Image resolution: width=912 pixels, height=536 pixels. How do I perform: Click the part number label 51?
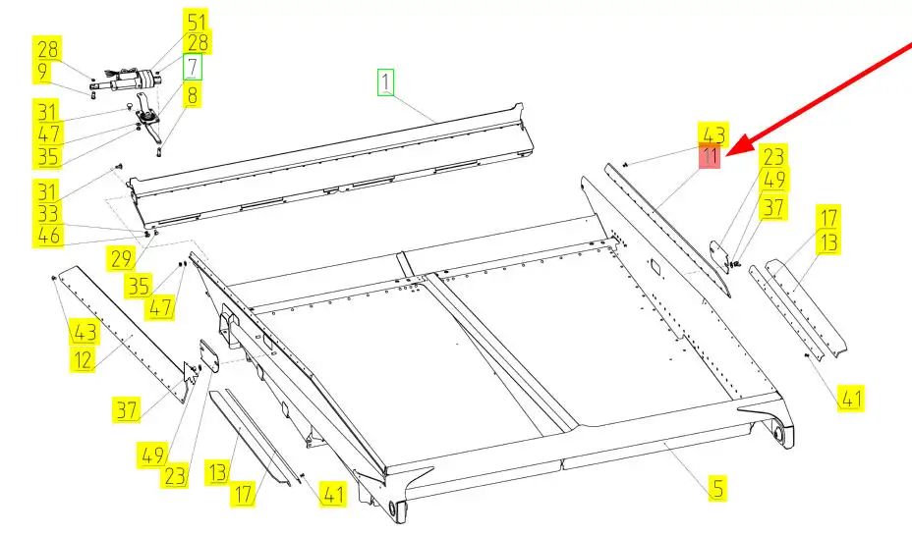point(197,22)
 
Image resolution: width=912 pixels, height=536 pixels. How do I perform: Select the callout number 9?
point(42,73)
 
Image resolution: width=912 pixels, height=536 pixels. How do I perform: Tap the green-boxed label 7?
point(193,67)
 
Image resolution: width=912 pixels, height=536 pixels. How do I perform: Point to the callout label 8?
point(192,94)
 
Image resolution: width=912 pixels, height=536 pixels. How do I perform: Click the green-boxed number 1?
point(385,81)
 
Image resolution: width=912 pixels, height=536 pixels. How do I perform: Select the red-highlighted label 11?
point(710,156)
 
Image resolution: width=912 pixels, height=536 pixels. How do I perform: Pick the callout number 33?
point(48,214)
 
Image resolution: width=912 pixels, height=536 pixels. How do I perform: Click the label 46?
point(48,236)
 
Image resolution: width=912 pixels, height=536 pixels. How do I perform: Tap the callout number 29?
point(121,258)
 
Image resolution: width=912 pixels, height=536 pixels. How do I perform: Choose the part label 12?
point(83,360)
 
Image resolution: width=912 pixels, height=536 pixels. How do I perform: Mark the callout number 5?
point(718,488)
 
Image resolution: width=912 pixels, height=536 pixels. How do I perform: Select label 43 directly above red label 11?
point(713,134)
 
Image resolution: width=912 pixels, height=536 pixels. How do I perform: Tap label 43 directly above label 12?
point(85,332)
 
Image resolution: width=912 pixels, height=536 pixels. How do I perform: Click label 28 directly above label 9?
point(47,49)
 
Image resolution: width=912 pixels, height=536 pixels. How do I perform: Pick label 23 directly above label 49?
point(773,157)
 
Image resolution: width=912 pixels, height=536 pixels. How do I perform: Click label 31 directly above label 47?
point(47,112)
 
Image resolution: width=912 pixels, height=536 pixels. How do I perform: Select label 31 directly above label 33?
point(47,191)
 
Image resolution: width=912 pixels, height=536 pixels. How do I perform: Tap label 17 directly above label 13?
point(828,217)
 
